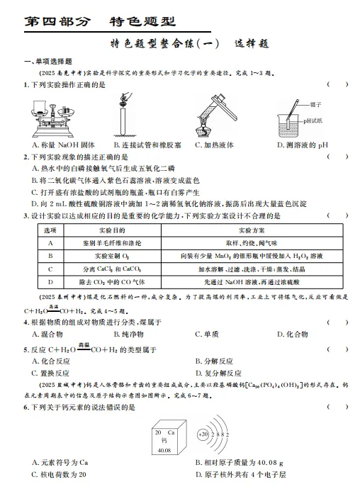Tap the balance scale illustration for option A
54,118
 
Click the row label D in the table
50,282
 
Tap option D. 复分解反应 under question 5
222,371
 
